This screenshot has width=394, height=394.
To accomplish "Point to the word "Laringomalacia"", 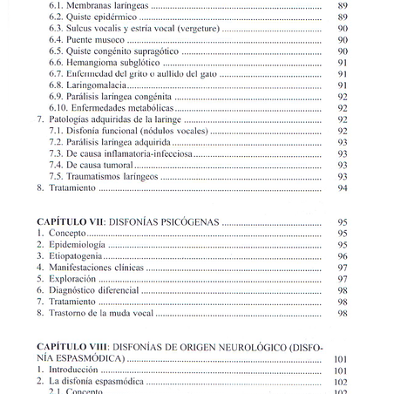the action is click(96, 85).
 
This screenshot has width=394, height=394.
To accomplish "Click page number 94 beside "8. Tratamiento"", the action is click(342, 187).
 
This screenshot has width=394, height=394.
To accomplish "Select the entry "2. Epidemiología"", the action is click(71, 245).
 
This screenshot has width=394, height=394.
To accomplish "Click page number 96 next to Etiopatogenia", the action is click(342, 256).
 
